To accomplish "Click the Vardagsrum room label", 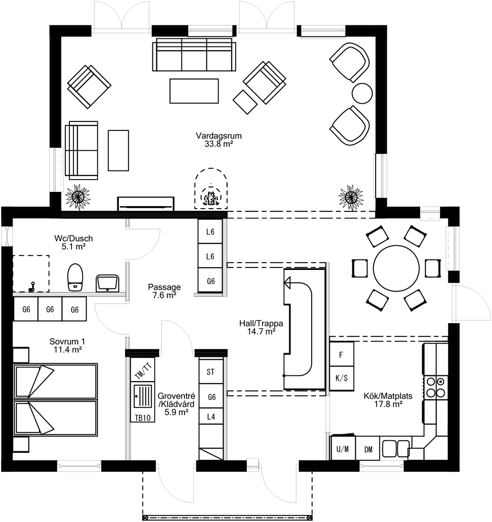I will click(x=219, y=136).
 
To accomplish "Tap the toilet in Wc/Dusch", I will click(x=75, y=277).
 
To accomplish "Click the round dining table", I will click(x=396, y=268).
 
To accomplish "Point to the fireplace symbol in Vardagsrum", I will click(x=210, y=190).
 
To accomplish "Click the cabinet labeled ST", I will click(x=210, y=372).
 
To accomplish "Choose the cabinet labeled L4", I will click(x=211, y=417).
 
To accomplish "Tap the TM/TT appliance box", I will click(x=143, y=371).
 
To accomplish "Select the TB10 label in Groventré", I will click(x=143, y=418).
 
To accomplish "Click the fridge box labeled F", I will click(x=341, y=355).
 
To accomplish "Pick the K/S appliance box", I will click(x=341, y=378).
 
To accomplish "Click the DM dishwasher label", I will click(x=368, y=449).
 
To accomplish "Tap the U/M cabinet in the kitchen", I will click(x=342, y=449).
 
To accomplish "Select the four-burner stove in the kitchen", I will click(x=435, y=387).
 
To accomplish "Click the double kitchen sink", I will click(x=396, y=449).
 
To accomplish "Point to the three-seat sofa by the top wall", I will click(x=194, y=54).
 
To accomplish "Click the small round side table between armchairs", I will click(x=362, y=94).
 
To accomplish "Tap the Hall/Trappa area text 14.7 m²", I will click(x=261, y=332).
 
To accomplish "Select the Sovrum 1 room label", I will click(x=67, y=342).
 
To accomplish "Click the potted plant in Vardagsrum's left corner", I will click(x=78, y=197).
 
